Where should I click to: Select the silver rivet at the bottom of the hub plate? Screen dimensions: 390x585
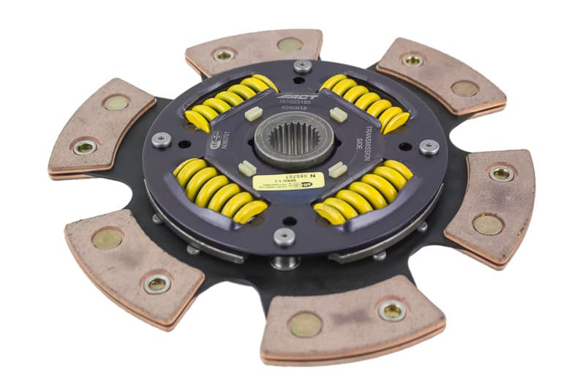(285, 236)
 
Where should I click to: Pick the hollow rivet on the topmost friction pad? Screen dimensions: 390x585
(224, 54)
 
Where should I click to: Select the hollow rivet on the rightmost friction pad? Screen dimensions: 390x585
(501, 173)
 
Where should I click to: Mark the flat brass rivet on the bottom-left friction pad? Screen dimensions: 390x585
(107, 239)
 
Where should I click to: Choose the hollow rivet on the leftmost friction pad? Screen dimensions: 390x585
(85, 148)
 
